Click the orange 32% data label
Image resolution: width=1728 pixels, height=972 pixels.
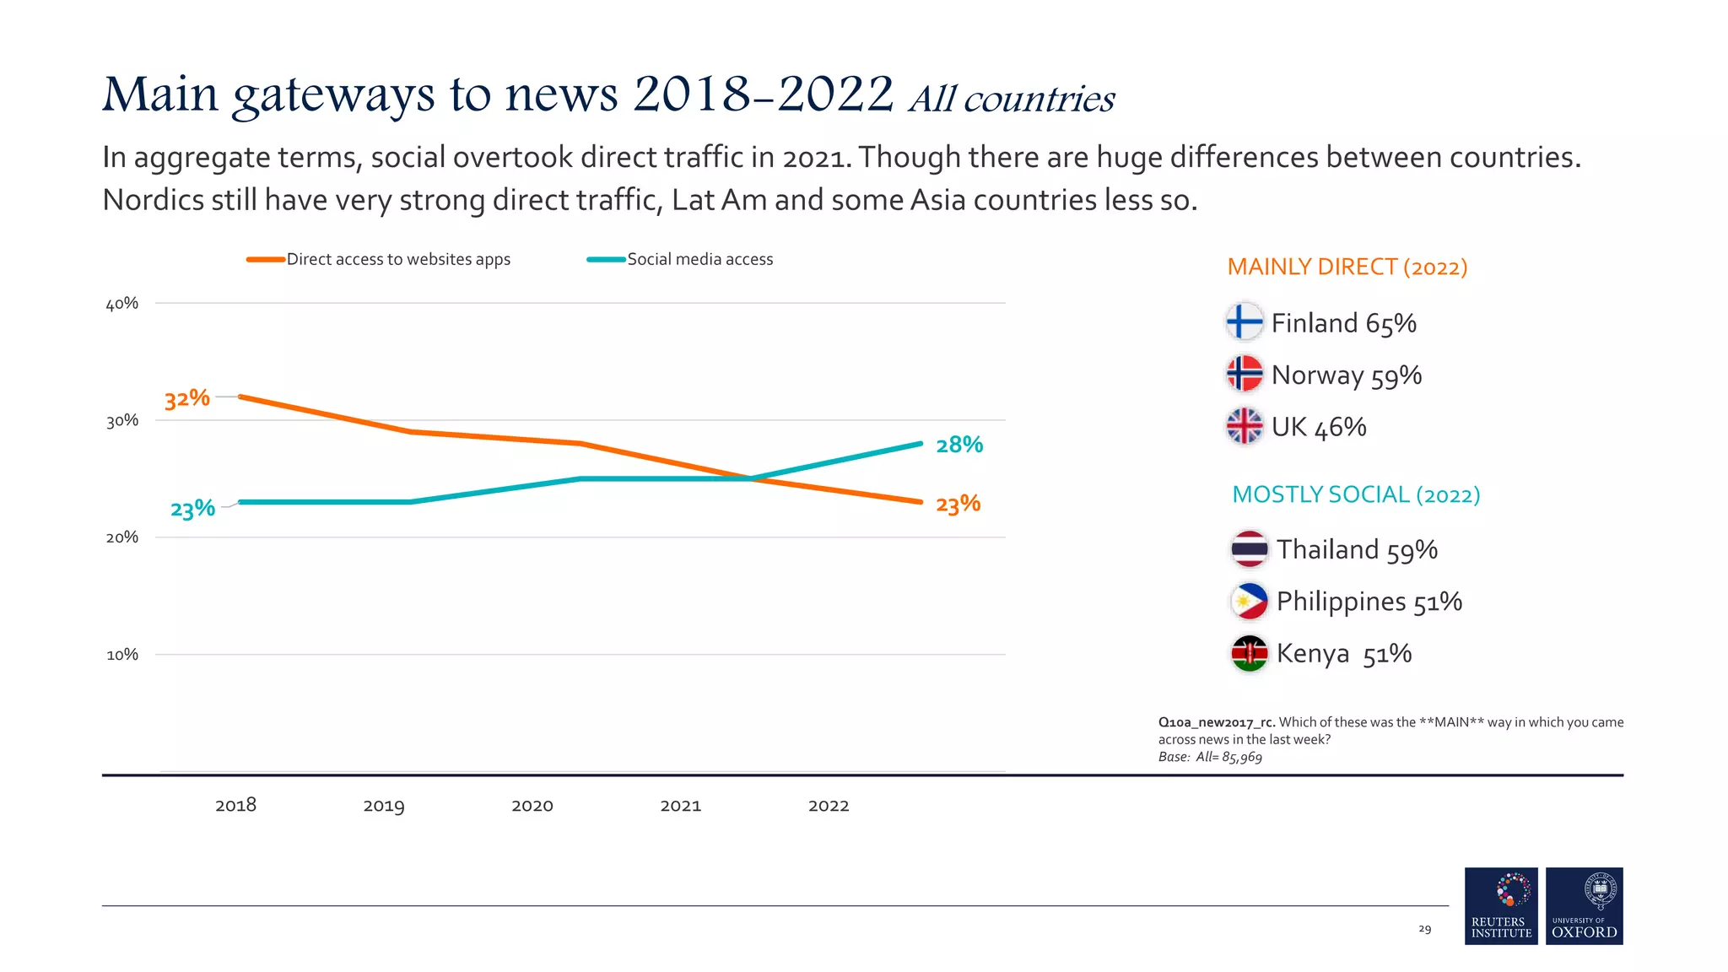[x=186, y=398]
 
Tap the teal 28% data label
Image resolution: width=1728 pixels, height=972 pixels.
[x=959, y=445]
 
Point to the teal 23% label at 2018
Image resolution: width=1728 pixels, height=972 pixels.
[x=192, y=509]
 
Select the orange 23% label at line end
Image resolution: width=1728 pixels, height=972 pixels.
[x=958, y=505]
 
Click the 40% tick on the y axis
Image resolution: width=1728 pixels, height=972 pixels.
[x=121, y=304]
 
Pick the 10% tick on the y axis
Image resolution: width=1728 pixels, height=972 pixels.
[x=121, y=655]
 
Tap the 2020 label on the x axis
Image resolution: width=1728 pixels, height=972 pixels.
[x=532, y=806]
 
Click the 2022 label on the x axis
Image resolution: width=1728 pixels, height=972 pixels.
[x=829, y=806]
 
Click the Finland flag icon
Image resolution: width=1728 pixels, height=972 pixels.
[x=1244, y=321]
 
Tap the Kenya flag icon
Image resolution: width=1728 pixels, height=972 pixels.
[x=1249, y=653]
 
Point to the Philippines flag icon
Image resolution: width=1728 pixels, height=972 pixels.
[x=1249, y=601]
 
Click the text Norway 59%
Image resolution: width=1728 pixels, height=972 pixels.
[x=1346, y=375]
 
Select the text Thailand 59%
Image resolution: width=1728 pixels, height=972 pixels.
[x=1356, y=549]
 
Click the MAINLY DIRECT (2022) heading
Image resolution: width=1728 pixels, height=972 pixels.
[x=1347, y=267]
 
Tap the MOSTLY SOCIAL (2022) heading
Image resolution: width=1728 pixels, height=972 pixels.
[x=1355, y=494]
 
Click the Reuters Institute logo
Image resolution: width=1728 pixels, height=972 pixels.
[x=1500, y=905]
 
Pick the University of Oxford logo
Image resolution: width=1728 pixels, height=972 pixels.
[x=1584, y=905]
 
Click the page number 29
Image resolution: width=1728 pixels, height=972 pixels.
[x=1424, y=929]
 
